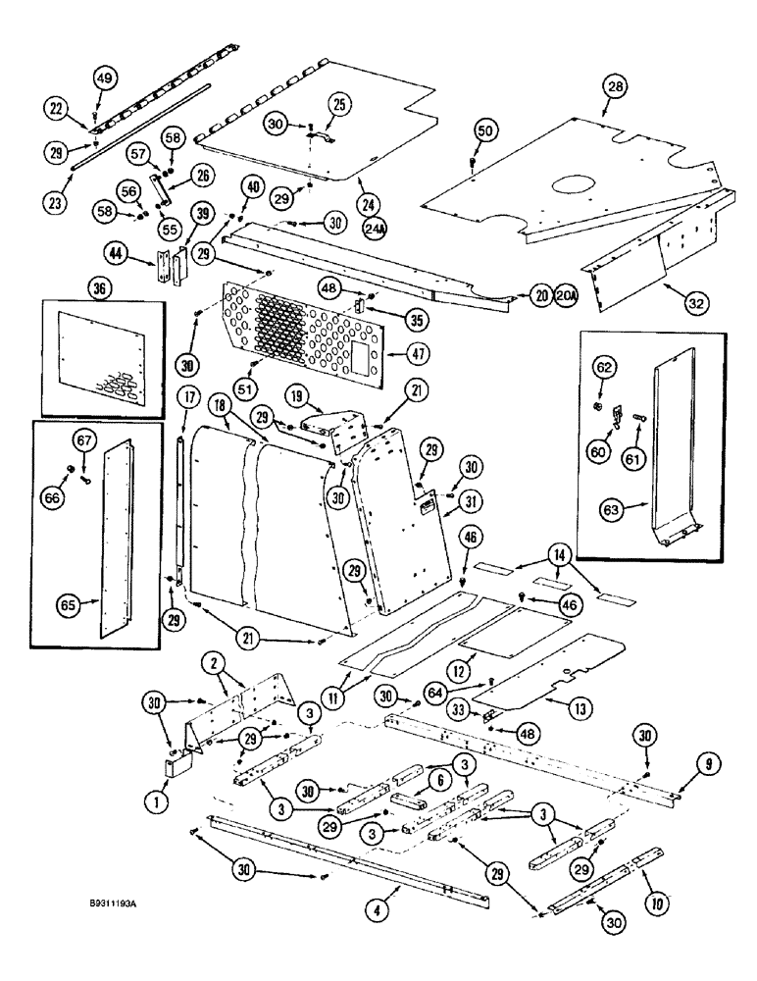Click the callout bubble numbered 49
(x=105, y=78)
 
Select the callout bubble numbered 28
(x=615, y=87)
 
